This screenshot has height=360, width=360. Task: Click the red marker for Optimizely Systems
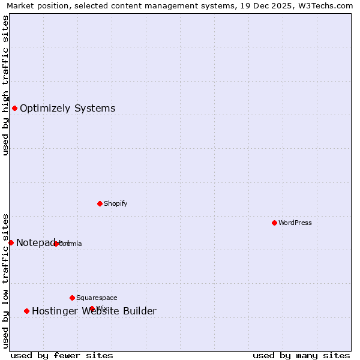(x=14, y=108)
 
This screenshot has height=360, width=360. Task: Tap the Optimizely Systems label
(x=67, y=109)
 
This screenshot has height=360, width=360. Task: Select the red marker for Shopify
(x=100, y=203)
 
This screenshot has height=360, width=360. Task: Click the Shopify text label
(x=115, y=203)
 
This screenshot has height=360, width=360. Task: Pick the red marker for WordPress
(x=274, y=223)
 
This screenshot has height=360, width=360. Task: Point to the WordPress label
(x=295, y=223)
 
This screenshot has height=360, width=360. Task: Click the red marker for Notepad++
(x=11, y=242)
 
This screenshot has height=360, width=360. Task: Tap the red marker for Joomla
(x=56, y=244)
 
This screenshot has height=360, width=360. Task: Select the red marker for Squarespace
(x=72, y=298)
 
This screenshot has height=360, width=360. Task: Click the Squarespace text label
(x=97, y=298)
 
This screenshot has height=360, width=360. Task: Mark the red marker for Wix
(x=92, y=308)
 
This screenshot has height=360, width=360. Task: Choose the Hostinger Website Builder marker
(x=26, y=311)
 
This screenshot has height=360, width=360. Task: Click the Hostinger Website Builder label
(x=94, y=311)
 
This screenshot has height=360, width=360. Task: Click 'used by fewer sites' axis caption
(x=62, y=355)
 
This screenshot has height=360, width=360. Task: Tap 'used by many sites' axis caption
(x=301, y=355)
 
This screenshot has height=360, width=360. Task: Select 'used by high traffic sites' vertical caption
(x=5, y=85)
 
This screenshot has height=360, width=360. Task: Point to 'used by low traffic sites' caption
(x=5, y=280)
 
